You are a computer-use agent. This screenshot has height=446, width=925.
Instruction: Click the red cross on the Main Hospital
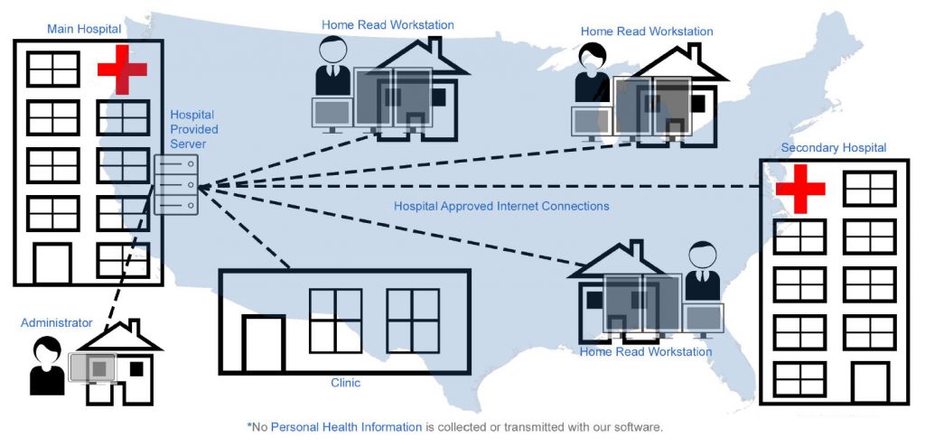click(121, 72)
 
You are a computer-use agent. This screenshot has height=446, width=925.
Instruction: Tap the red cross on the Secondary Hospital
click(801, 189)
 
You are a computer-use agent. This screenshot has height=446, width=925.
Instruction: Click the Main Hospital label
click(84, 29)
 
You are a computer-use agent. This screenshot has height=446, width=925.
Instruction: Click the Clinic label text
click(345, 383)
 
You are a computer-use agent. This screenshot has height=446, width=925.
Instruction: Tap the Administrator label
click(57, 322)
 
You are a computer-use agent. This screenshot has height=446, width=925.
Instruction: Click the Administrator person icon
click(47, 366)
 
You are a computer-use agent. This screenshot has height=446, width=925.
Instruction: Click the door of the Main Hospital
click(52, 262)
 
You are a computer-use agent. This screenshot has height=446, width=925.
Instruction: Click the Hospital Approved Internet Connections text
click(501, 206)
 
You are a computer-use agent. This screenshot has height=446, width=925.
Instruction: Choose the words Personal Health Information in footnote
click(346, 426)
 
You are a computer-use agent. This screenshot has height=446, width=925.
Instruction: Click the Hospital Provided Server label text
click(193, 129)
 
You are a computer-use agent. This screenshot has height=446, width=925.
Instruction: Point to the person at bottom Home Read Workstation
click(701, 270)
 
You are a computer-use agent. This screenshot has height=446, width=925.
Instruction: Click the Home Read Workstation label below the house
click(646, 351)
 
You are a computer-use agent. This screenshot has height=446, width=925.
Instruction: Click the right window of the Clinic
click(413, 321)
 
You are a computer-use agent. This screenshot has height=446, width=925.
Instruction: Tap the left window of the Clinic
click(335, 321)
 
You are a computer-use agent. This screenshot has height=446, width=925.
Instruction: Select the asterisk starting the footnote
click(249, 424)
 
